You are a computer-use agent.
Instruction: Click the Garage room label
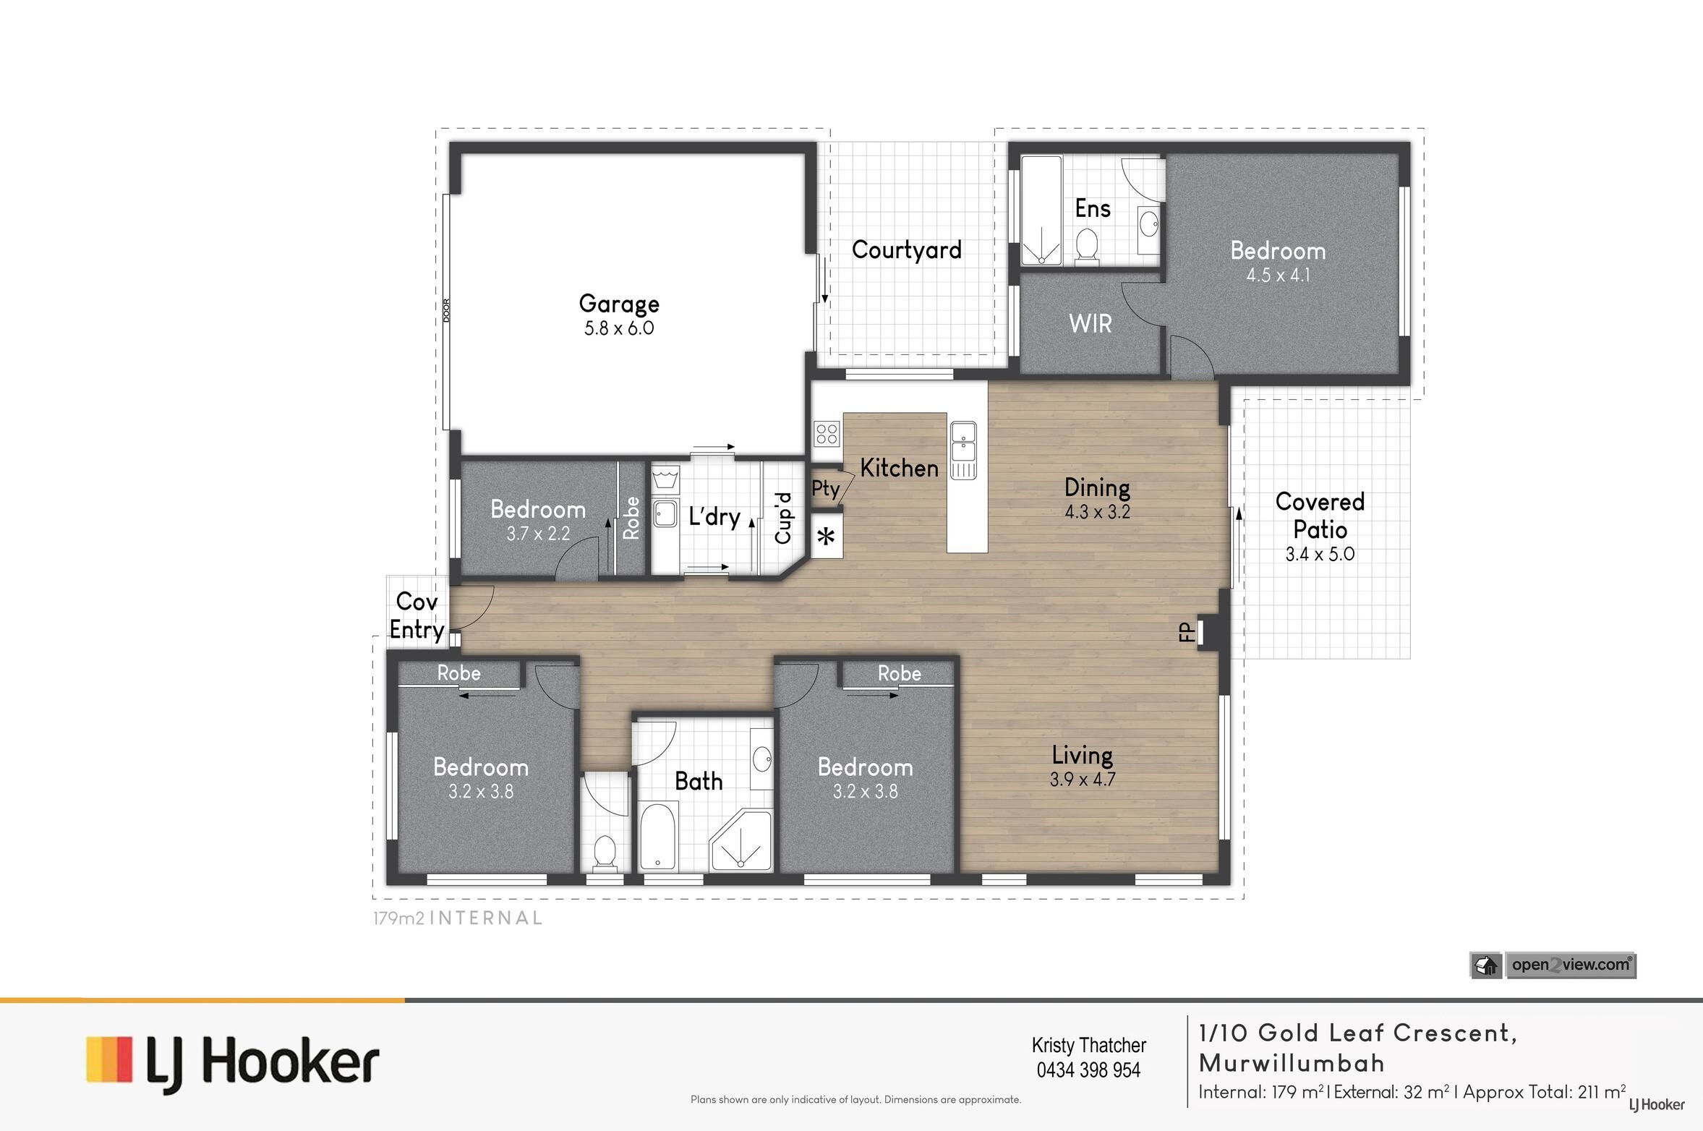(x=619, y=304)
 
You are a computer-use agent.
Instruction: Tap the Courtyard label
(x=907, y=250)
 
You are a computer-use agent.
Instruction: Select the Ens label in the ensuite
(x=1093, y=208)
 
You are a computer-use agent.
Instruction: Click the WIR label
(x=1090, y=323)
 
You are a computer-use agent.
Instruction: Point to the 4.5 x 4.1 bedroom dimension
(x=1278, y=276)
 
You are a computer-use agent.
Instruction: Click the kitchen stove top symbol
(x=827, y=434)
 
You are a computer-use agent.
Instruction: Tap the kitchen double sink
(x=963, y=451)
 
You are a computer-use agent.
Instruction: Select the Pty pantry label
(x=825, y=490)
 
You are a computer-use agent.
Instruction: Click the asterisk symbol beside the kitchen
(x=826, y=537)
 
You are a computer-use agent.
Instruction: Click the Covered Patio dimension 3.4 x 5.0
(x=1320, y=555)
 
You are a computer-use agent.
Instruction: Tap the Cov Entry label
(x=417, y=615)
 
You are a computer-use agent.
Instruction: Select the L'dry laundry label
(x=714, y=517)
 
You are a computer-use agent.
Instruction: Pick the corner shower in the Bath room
(x=741, y=845)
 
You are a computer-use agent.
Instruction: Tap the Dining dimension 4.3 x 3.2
(x=1097, y=512)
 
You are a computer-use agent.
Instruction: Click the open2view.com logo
(x=1553, y=965)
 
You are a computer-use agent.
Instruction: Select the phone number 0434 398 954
(x=1088, y=1070)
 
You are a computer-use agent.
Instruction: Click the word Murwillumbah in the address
(x=1292, y=1063)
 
